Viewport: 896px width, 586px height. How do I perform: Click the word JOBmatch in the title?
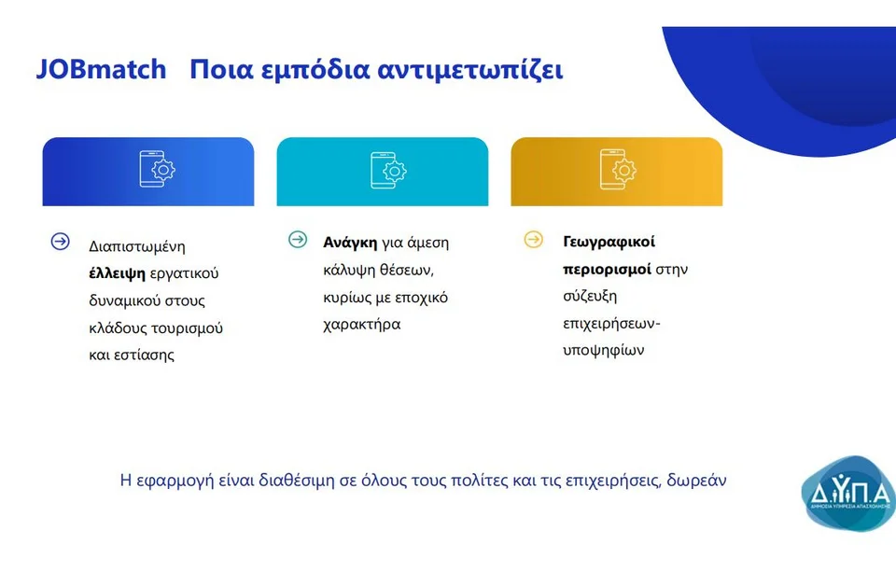coord(101,69)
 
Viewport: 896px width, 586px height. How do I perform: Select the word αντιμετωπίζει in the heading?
coord(470,70)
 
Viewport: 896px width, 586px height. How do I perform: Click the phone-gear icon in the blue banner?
coord(157,169)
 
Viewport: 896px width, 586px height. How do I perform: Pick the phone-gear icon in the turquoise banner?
coord(388,170)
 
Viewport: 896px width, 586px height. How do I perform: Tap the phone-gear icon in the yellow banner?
coord(618,169)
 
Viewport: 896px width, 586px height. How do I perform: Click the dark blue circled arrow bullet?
coord(60,242)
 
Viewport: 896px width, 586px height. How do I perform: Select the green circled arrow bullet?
coord(298,239)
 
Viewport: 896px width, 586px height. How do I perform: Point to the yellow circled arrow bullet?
coord(534,239)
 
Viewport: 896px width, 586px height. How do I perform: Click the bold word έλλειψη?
coord(118,273)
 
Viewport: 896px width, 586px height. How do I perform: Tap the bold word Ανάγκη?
coord(350,243)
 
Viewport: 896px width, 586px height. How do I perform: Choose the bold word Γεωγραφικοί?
coord(609,243)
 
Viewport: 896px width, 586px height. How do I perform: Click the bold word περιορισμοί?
coord(607,269)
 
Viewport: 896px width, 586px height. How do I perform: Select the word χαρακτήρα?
coord(362,325)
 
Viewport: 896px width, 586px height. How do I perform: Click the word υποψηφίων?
coord(604,350)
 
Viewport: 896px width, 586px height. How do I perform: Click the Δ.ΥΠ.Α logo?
coord(848,494)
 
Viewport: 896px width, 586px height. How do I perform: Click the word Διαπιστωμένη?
coord(137,246)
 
